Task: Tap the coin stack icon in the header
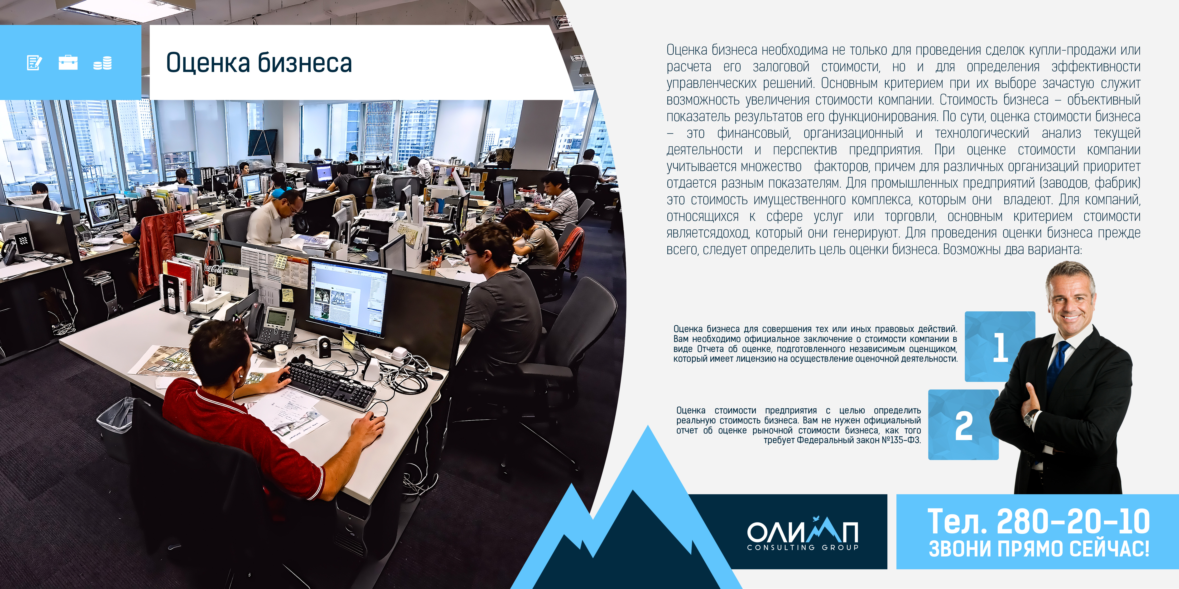click(x=102, y=63)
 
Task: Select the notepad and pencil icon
click(x=34, y=63)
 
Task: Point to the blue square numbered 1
click(x=1000, y=347)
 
